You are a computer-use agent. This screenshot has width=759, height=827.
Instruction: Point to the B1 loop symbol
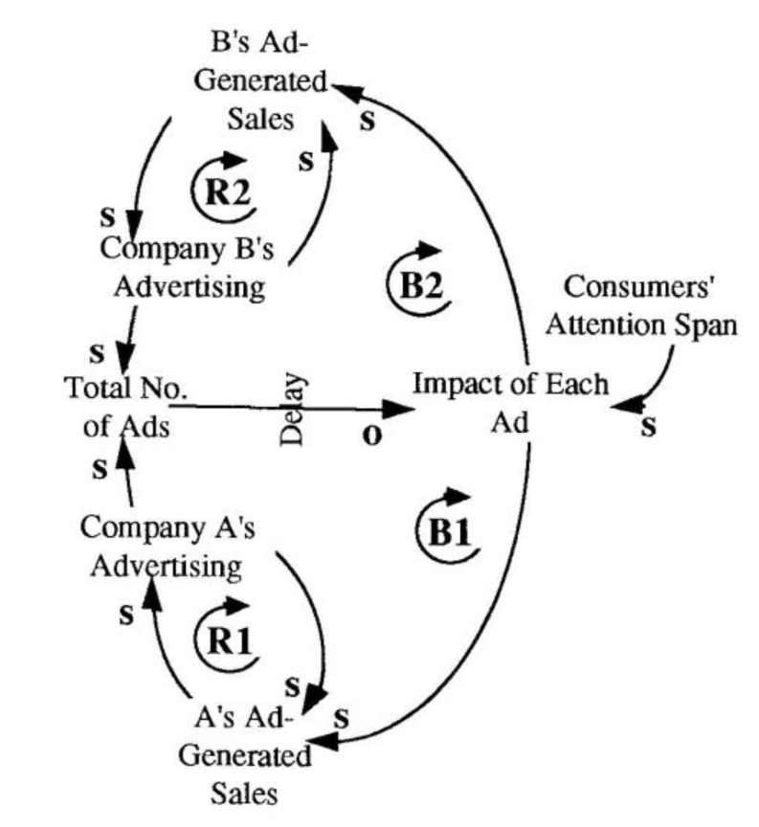tap(449, 527)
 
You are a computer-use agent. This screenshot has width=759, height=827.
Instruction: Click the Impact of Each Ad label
tap(510, 403)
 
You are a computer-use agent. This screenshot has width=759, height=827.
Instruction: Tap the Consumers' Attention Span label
tap(650, 305)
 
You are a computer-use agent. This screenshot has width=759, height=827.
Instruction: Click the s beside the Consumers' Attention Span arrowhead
tap(648, 428)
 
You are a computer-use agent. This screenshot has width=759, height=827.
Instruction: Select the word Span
tap(707, 325)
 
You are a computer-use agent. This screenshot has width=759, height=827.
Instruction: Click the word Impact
tap(458, 385)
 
